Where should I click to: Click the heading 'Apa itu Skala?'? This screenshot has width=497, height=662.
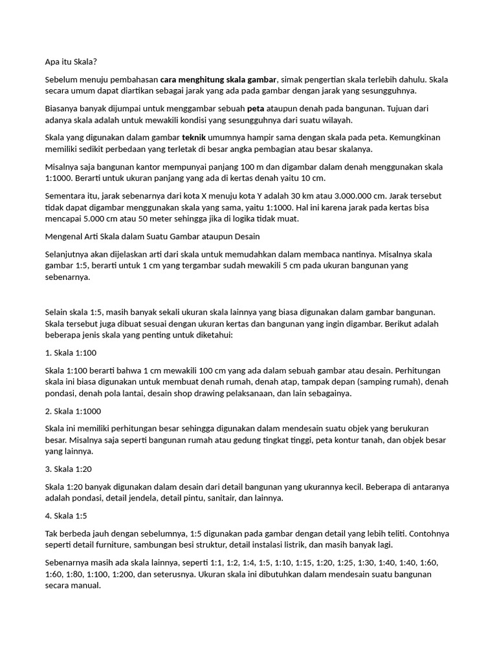71,62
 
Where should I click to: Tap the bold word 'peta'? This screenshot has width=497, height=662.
256,109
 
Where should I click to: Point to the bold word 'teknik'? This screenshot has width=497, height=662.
194,138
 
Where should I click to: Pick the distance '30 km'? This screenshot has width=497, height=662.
304,196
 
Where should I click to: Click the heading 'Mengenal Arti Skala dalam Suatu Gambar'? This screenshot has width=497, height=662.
153,237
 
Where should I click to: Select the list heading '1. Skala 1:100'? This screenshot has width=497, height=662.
71,353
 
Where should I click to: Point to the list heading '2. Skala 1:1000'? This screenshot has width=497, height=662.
73,411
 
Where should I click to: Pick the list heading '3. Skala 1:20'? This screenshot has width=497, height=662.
69,469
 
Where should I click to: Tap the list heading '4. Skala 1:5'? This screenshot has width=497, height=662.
67,516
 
